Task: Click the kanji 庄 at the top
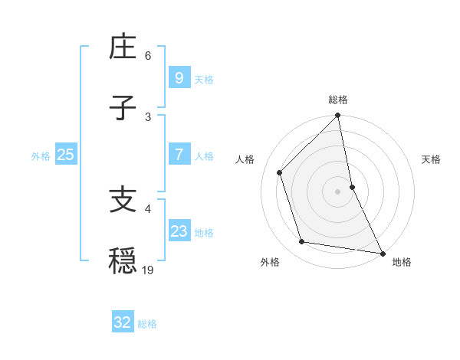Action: [123, 50]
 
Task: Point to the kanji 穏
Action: [123, 260]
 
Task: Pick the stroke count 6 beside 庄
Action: [148, 56]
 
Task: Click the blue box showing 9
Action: [179, 77]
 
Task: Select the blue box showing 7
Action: [179, 154]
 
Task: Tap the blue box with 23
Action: [179, 231]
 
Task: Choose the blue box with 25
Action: [65, 154]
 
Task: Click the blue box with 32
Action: [123, 322]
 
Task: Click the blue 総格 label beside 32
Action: [147, 324]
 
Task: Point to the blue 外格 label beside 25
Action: [41, 155]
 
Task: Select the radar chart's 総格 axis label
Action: [338, 100]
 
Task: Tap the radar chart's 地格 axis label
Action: [402, 262]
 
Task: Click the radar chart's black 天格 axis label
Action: [432, 159]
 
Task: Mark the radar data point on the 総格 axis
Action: [338, 116]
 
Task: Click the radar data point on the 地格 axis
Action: [382, 253]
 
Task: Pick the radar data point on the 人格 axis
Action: [280, 172]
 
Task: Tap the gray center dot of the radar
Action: [338, 191]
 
